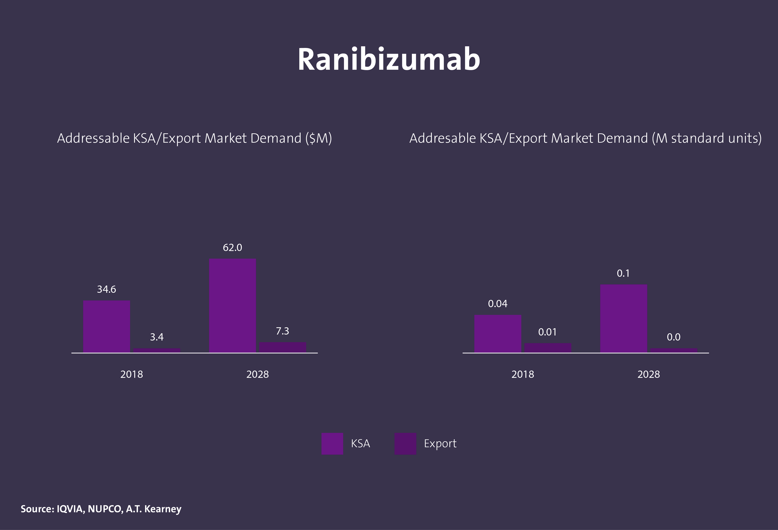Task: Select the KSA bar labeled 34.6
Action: (106, 326)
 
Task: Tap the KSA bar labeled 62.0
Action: (232, 305)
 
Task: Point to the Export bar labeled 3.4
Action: (157, 350)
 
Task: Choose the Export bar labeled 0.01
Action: (548, 348)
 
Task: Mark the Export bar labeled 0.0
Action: (673, 350)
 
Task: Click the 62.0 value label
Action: (232, 248)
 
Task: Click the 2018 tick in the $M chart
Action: (131, 374)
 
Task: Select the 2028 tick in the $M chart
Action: (258, 374)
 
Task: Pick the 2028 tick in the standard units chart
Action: (649, 374)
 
